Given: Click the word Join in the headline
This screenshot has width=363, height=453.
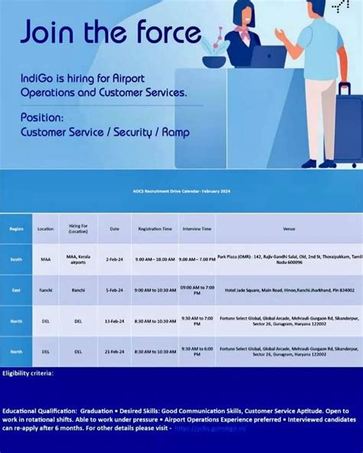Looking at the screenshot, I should [x=53, y=31].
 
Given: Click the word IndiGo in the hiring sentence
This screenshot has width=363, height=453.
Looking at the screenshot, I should [x=40, y=78].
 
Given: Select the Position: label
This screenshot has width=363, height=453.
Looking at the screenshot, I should [x=42, y=117].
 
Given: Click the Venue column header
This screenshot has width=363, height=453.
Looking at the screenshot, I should [x=289, y=228].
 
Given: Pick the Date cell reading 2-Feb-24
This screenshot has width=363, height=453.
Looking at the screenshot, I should [x=113, y=260].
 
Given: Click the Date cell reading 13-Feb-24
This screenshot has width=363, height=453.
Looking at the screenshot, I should [x=113, y=321].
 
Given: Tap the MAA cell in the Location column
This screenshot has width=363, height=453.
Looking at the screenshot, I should [x=45, y=260].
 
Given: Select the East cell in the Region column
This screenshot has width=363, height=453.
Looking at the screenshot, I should [x=16, y=291].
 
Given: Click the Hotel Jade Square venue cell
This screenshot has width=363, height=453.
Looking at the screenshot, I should [x=289, y=291].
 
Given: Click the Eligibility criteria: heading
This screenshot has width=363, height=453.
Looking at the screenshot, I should [x=28, y=373].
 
